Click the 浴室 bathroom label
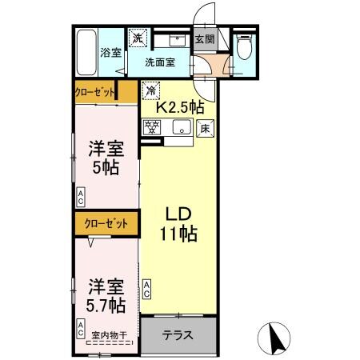(110, 53)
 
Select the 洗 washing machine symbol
(138, 37)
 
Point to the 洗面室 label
(160, 61)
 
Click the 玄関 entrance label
(205, 38)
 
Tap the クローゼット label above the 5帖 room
(94, 92)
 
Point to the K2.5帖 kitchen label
(179, 105)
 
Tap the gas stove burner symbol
(152, 126)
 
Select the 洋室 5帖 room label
(106, 157)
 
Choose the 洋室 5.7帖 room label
(106, 294)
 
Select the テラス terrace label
(178, 335)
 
